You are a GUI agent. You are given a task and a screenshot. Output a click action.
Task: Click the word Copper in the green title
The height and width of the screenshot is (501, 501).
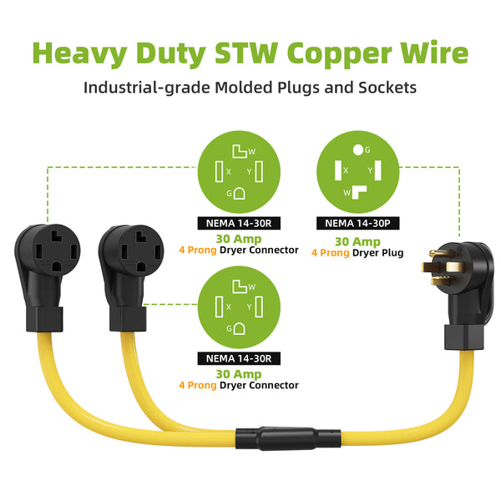tap(339, 53)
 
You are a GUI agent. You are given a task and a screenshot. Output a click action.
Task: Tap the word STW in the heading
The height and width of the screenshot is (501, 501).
tap(246, 53)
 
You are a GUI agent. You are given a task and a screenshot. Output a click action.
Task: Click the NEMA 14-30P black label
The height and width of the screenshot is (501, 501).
tap(358, 223)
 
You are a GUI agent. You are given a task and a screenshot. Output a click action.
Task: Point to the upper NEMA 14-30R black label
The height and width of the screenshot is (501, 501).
tap(239, 223)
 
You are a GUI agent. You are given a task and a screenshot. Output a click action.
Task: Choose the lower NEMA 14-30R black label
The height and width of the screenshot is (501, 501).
tap(239, 358)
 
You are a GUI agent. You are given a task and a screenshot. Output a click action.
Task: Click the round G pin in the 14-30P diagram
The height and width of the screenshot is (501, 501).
tap(358, 149)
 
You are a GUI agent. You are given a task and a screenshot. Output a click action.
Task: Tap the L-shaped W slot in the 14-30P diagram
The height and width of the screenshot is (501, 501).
tap(359, 192)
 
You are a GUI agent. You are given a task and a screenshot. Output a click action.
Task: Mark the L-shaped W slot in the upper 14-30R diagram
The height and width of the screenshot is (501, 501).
tap(240, 151)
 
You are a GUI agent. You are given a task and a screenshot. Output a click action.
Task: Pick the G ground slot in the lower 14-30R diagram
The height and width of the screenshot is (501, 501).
tap(240, 329)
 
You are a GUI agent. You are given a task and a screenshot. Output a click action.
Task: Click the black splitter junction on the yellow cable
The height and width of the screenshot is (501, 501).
tap(288, 438)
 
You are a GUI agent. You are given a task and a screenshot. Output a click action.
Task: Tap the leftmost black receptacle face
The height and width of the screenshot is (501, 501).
tap(56, 250)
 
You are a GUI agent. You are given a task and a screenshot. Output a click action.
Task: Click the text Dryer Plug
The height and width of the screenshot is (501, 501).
tap(377, 253)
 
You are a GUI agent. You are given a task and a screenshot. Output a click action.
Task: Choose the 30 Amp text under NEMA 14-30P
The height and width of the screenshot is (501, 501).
tap(357, 241)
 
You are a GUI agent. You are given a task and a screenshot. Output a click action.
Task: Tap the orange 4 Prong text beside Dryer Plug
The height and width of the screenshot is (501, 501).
tap(331, 253)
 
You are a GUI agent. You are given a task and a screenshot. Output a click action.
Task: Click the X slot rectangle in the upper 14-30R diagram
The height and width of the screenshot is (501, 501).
tap(219, 171)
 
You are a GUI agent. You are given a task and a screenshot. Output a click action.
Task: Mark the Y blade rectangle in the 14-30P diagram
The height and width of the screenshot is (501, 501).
tap(378, 170)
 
